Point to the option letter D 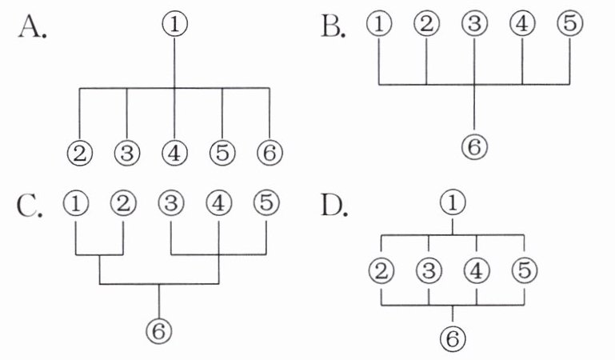point(333,206)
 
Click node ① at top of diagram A point(174,25)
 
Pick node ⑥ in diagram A point(270,152)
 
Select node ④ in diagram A point(174,152)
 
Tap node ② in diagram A point(79,152)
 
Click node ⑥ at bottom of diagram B point(475,146)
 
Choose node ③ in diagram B point(475,25)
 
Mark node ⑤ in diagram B point(569,25)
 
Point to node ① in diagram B point(379,25)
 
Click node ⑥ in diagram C point(161,329)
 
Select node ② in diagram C point(123,202)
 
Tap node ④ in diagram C point(219,202)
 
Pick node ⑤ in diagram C point(266,202)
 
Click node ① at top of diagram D point(453,204)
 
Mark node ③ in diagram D point(429,271)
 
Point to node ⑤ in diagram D point(524,271)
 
